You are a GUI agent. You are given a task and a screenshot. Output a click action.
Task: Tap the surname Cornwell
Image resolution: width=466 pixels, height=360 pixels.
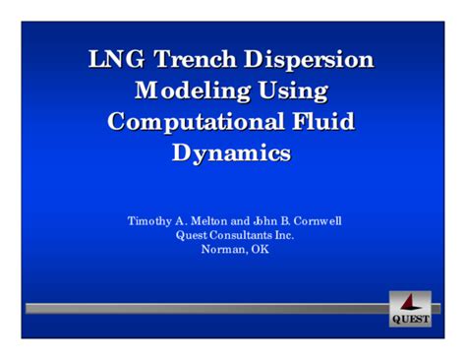coord(314,221)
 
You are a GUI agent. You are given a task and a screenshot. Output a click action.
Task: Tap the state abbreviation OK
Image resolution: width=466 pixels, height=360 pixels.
coord(258,249)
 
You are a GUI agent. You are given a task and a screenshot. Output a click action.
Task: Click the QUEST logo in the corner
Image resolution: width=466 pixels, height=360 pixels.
coord(410,309)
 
